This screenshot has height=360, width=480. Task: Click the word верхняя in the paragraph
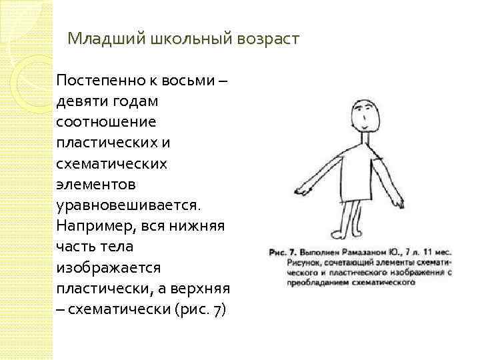201,288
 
